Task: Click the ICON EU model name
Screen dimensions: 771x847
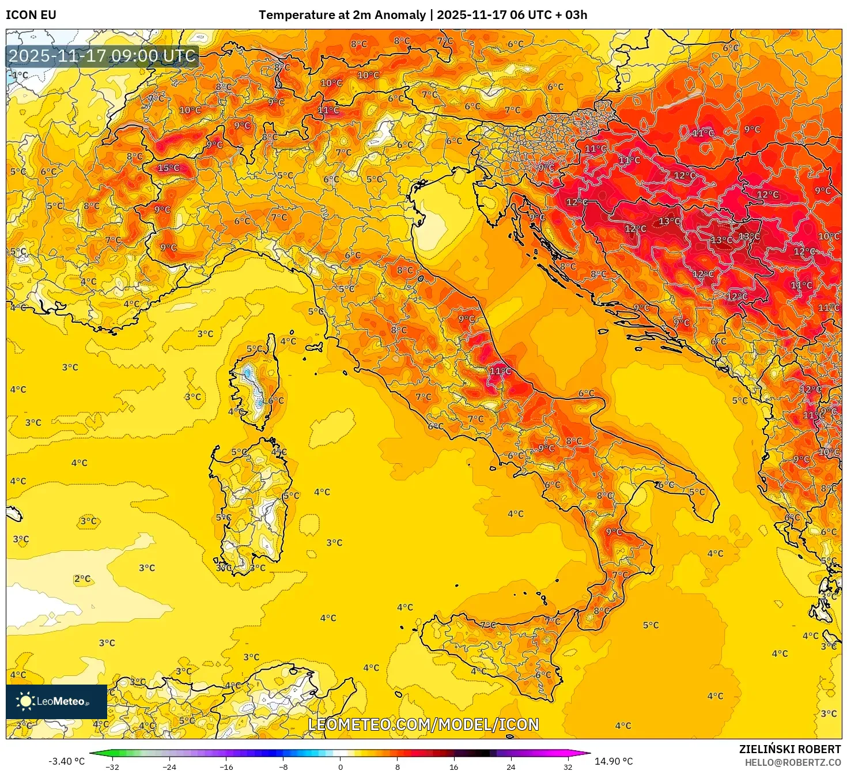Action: pos(31,15)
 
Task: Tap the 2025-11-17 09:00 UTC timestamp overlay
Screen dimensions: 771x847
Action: pos(102,56)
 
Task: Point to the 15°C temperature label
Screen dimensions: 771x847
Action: pos(169,168)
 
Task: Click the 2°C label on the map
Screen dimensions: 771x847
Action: pos(82,579)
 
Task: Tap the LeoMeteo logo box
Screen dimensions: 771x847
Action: pos(56,701)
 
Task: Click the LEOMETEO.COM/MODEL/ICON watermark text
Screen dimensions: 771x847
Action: pos(423,724)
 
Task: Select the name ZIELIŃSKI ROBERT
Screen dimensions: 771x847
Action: pos(790,749)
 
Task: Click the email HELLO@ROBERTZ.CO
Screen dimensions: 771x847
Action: pos(792,762)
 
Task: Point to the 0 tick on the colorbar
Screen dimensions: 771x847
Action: pos(341,766)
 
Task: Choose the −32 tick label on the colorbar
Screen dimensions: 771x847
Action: pos(112,766)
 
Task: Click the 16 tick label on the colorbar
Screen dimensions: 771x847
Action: pos(454,766)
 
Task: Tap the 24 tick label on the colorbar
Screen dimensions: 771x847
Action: pos(511,766)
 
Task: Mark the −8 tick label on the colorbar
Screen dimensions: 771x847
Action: pos(283,766)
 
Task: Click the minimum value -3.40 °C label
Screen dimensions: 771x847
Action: pos(66,761)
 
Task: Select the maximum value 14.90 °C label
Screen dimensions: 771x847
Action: pos(614,761)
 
